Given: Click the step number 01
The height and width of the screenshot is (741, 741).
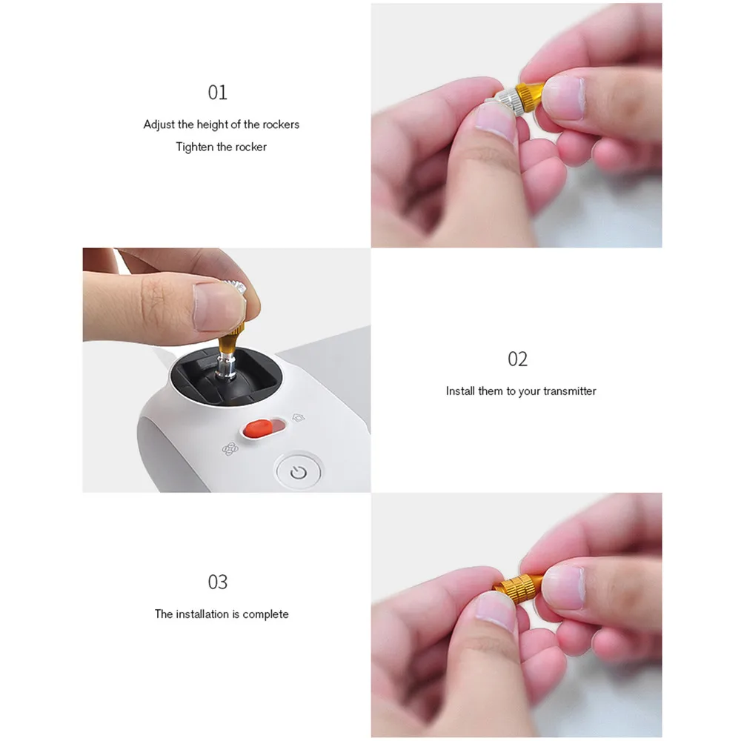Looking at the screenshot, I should (217, 93).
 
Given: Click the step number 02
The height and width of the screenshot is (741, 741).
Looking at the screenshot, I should (517, 359).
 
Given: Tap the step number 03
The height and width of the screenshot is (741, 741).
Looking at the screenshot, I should (217, 582).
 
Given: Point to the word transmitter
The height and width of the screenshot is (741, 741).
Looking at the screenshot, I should (568, 391).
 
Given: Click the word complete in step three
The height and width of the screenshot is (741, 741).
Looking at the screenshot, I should (265, 614).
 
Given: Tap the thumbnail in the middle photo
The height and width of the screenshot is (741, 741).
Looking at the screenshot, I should (215, 305).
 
